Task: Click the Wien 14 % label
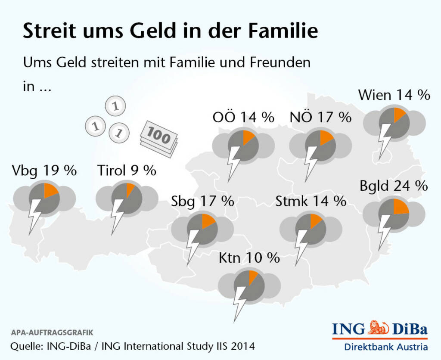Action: pos(394,95)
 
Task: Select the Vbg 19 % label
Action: pos(45,171)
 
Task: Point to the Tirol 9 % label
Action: pos(127,171)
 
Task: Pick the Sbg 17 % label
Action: pos(202,201)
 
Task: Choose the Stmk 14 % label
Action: pos(311,201)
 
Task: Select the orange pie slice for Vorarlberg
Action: pos(50,191)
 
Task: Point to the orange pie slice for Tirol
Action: pos(130,190)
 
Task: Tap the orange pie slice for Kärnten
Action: pos(253,276)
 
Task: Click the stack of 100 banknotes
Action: pos(158,137)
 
